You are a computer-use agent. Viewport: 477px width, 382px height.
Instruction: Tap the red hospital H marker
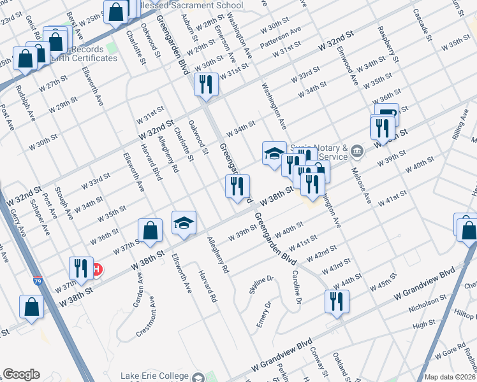point(96,269)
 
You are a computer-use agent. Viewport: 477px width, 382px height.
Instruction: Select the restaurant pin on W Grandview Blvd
point(336,301)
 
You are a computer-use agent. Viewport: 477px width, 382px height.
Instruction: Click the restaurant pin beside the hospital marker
point(80,267)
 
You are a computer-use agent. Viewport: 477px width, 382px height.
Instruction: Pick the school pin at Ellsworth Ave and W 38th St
point(184,223)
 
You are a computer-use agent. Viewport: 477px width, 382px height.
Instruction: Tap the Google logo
point(21,374)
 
